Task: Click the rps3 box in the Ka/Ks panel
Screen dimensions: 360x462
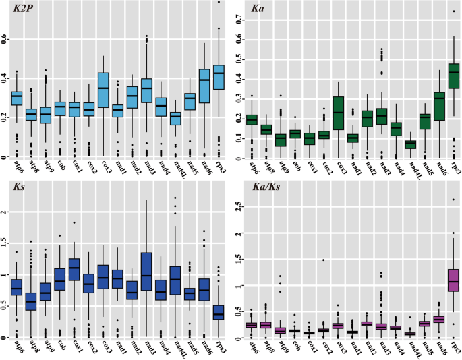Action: point(449,276)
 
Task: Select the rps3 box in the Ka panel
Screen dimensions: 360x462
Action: point(449,70)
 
